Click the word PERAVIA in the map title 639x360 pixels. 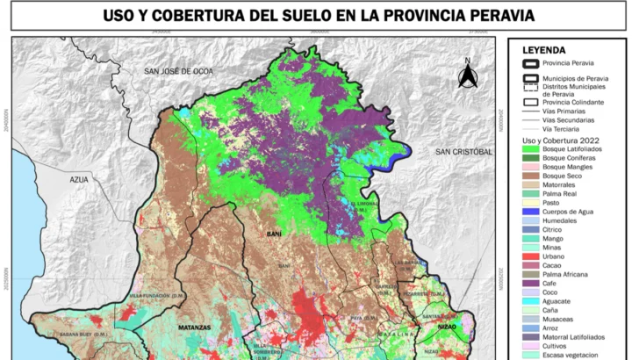(x=486, y=16)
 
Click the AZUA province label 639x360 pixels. (x=81, y=179)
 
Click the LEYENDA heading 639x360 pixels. (x=544, y=50)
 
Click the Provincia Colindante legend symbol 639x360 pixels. (x=531, y=102)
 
